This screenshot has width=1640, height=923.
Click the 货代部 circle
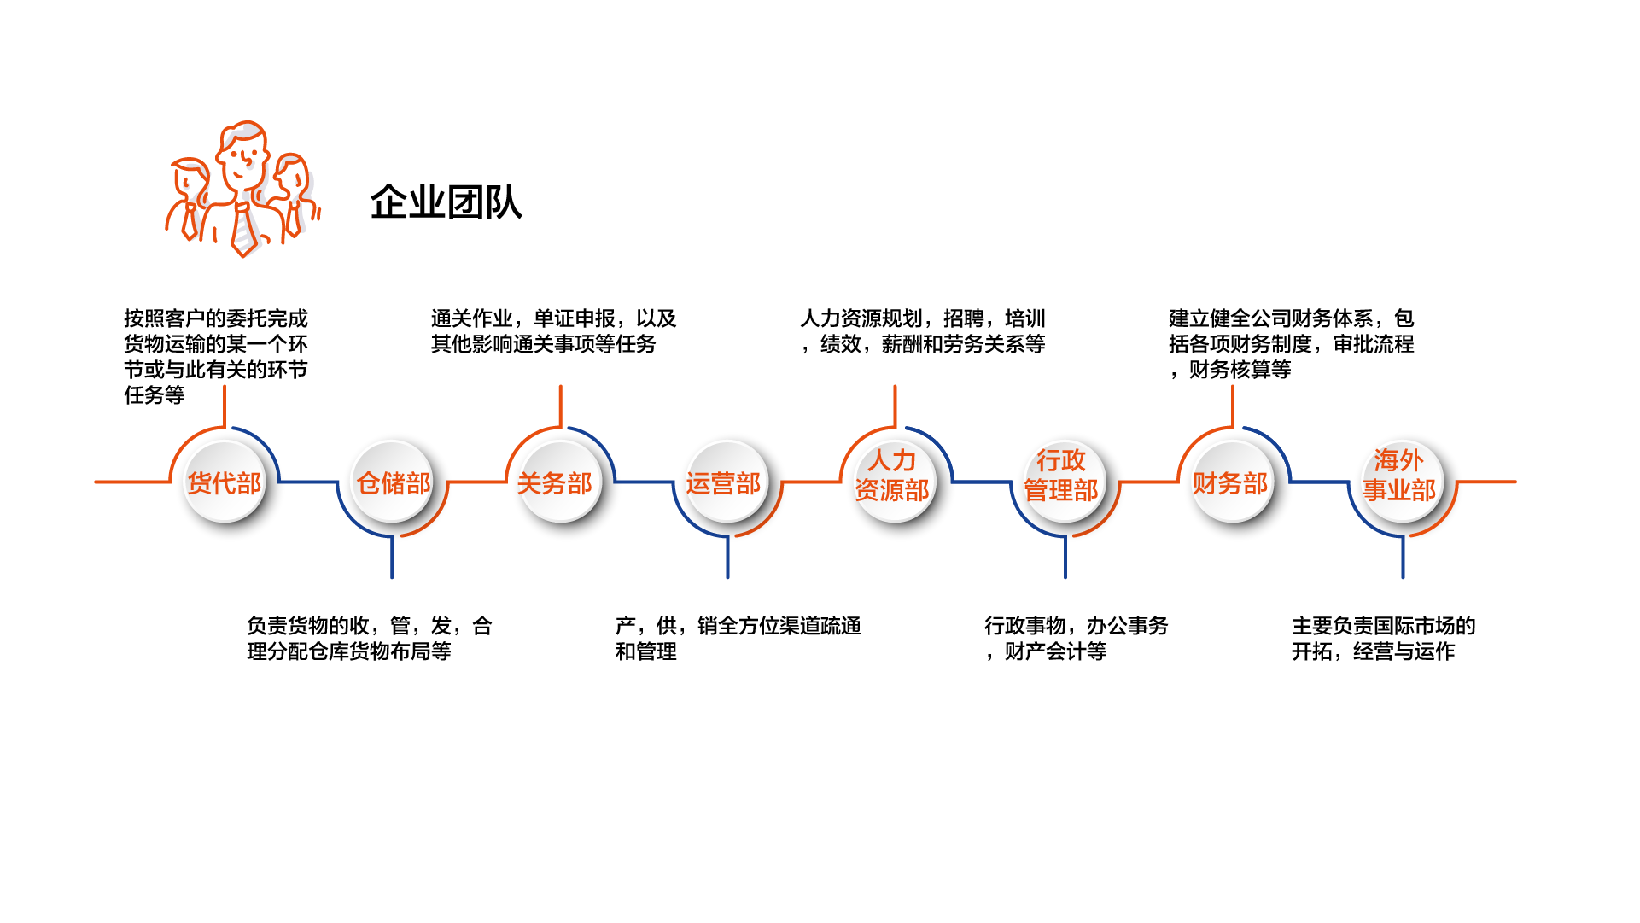click(x=225, y=482)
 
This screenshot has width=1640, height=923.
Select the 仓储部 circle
click(x=393, y=482)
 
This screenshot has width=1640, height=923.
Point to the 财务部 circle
click(x=1232, y=482)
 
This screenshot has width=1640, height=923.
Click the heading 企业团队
click(x=446, y=202)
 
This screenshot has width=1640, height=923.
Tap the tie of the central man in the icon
click(x=245, y=229)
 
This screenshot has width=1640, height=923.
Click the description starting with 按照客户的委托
click(x=215, y=356)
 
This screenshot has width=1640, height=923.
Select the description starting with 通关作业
click(x=553, y=330)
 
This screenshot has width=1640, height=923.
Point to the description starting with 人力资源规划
click(x=922, y=330)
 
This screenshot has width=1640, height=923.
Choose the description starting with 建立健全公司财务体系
click(x=1291, y=343)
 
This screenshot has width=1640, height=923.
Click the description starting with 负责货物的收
click(x=369, y=638)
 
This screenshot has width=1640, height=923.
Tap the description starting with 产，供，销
click(x=738, y=638)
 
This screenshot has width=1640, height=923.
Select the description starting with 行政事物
click(x=1076, y=638)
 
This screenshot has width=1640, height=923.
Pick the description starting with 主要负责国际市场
click(x=1383, y=638)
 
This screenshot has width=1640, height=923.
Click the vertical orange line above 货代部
click(x=225, y=406)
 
